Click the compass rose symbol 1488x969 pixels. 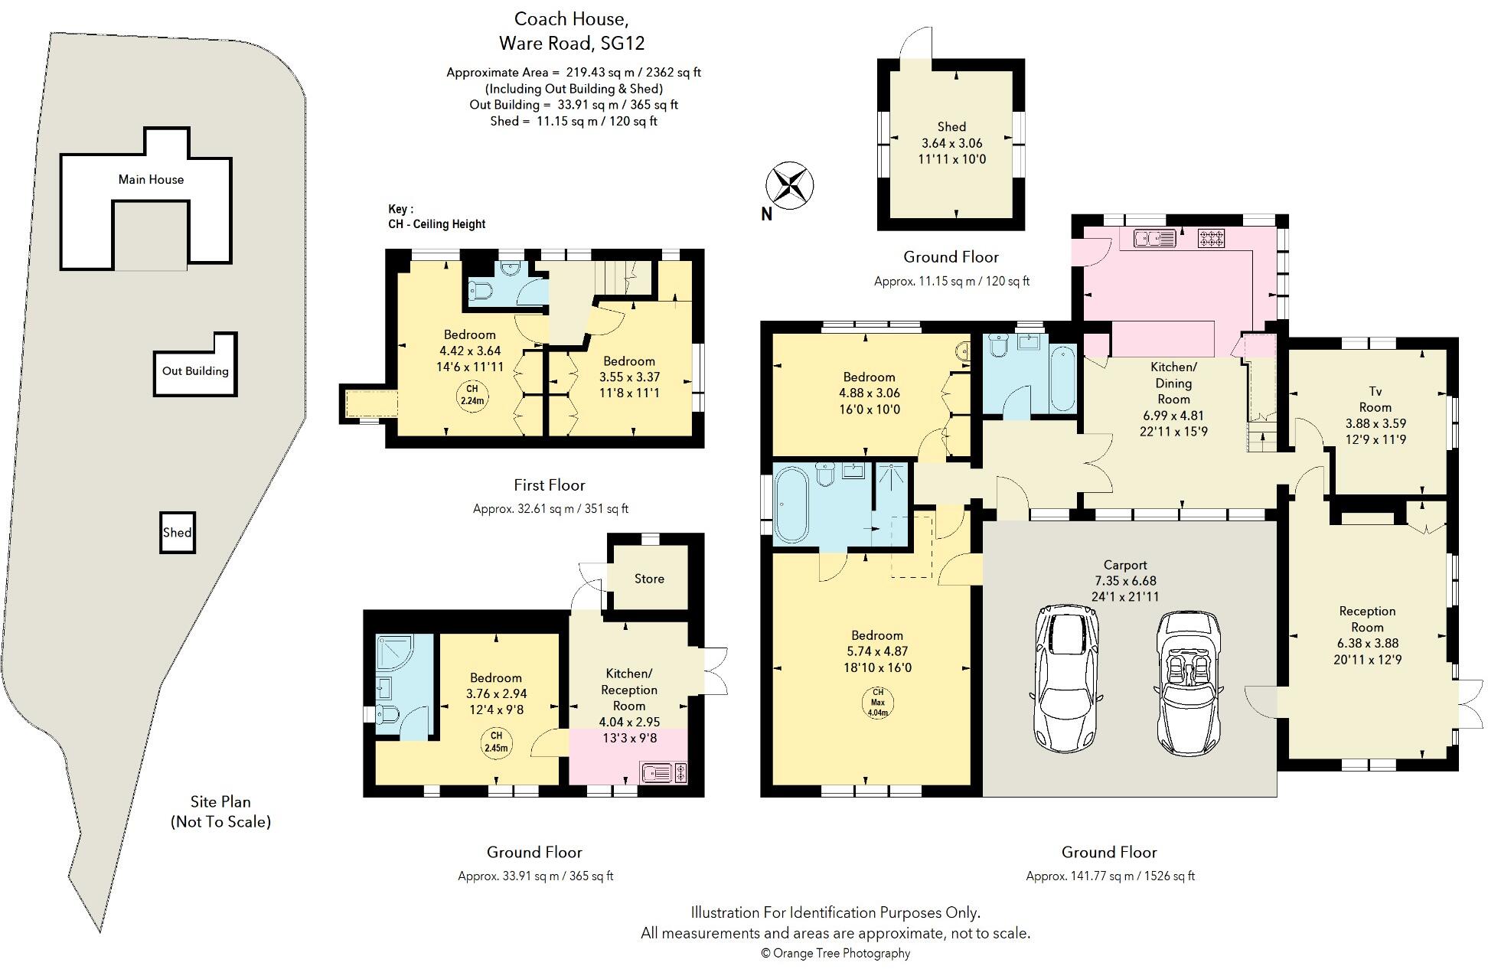click(x=789, y=185)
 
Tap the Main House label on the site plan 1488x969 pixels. click(x=151, y=180)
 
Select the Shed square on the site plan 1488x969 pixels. click(x=177, y=533)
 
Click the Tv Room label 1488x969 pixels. click(x=1375, y=399)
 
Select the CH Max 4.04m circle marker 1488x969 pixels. click(x=877, y=703)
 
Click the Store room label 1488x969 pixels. click(x=649, y=579)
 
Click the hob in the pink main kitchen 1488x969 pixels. click(x=1211, y=238)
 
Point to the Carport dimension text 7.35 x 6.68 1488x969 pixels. click(x=1124, y=581)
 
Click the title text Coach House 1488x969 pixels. click(x=572, y=18)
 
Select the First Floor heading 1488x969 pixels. click(x=549, y=485)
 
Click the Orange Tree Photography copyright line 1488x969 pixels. click(x=835, y=953)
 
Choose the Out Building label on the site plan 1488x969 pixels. click(x=195, y=371)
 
